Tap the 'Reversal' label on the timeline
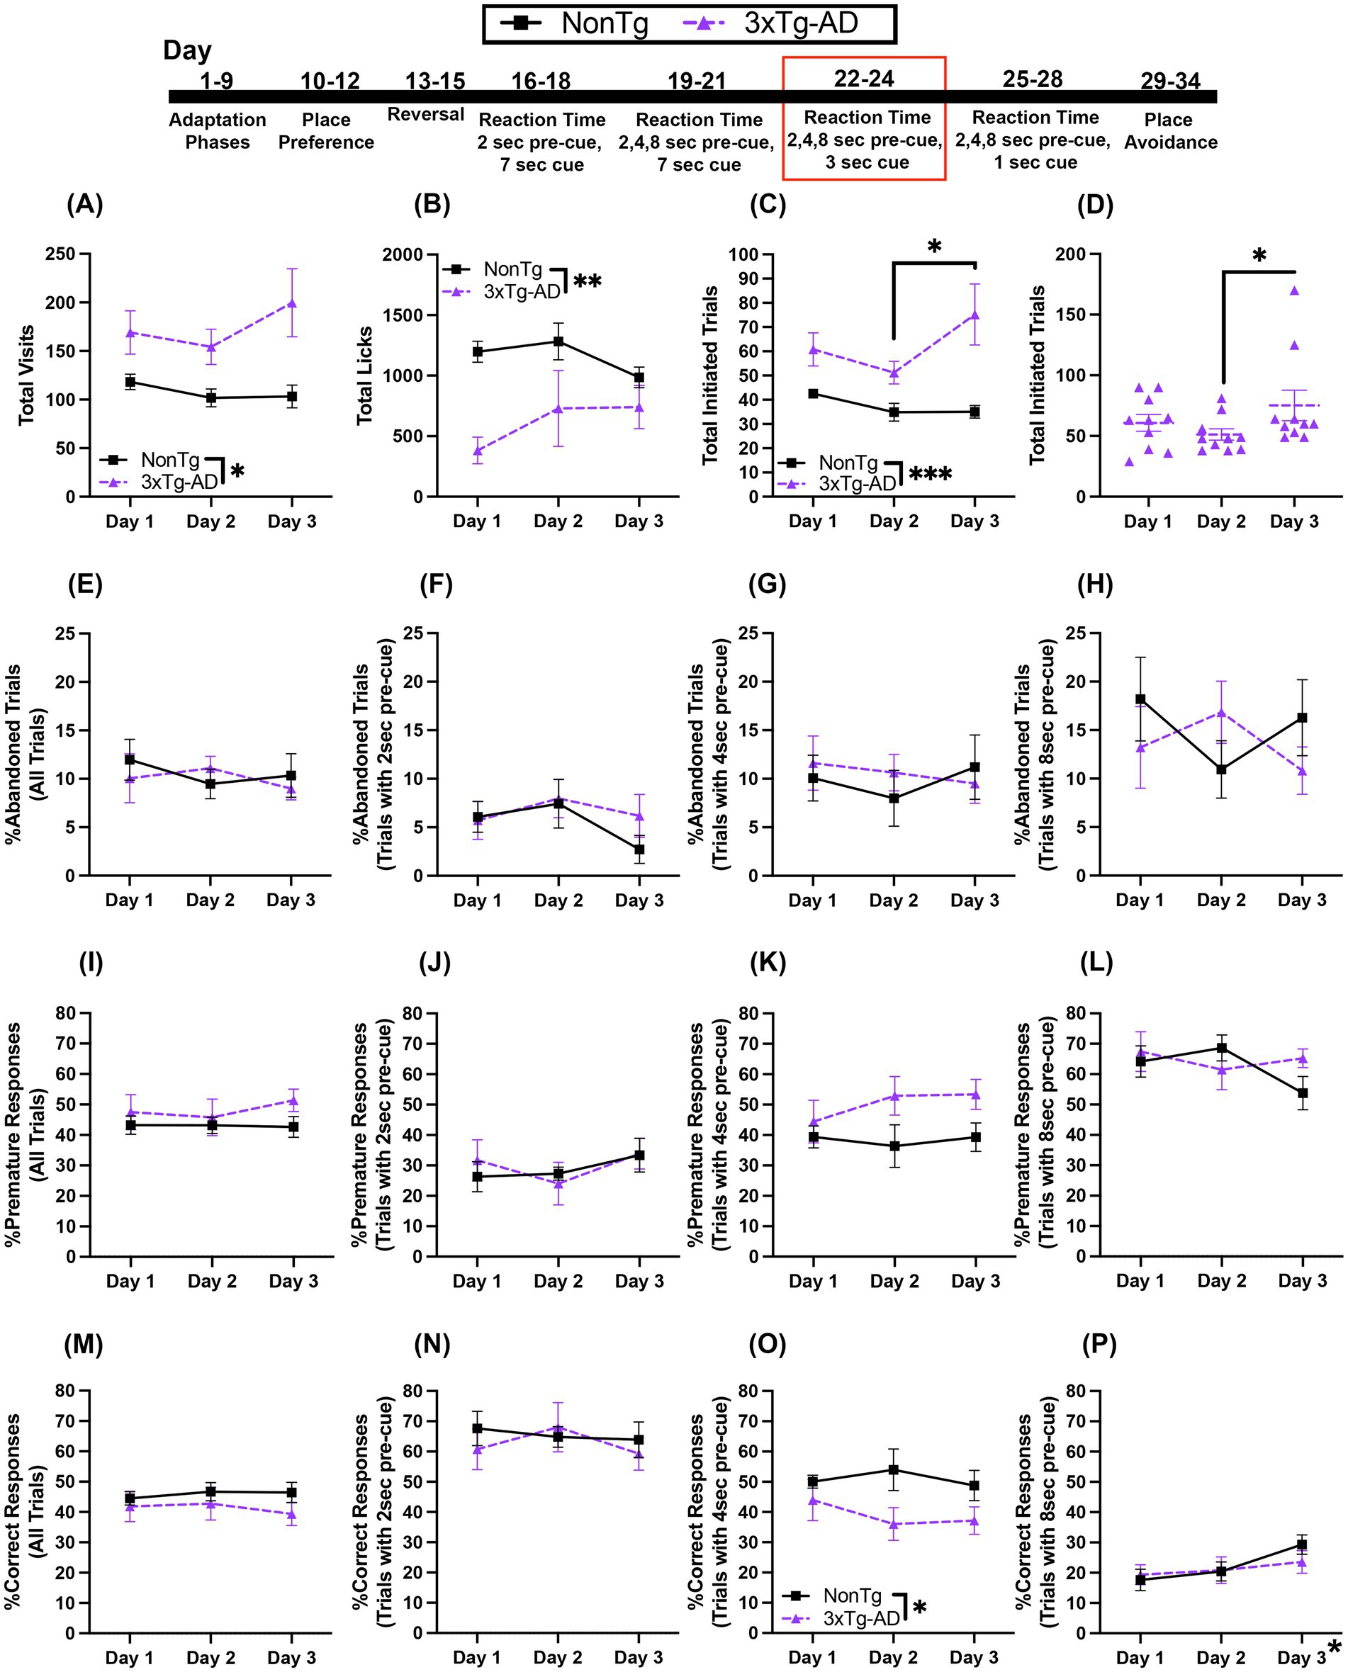pos(425,115)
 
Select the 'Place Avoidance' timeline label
pos(1170,131)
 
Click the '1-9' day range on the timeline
pos(217,81)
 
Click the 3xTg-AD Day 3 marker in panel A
pos(291,303)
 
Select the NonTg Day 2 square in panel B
pos(558,341)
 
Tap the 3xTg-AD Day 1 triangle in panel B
pos(477,450)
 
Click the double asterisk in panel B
pos(587,281)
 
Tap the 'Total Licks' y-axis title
pos(365,375)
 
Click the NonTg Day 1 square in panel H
pos(1140,699)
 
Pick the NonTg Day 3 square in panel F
pos(639,849)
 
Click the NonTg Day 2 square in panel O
pos(894,1469)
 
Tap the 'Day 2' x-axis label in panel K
pos(894,1281)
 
